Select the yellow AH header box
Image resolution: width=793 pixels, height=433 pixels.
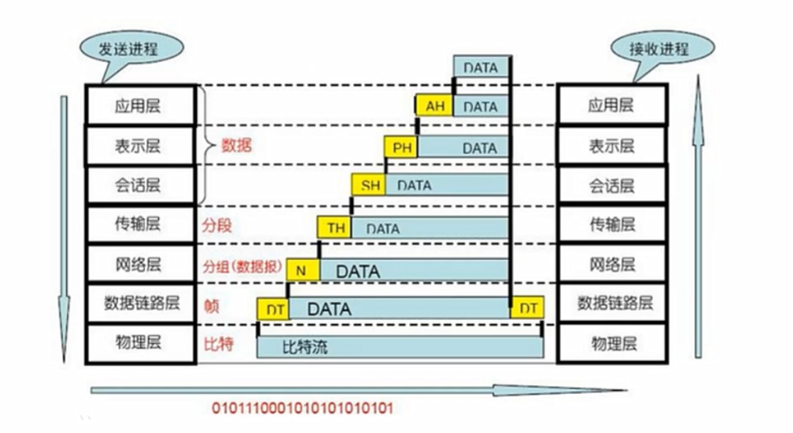pos(435,106)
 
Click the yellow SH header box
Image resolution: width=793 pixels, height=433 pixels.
pos(368,186)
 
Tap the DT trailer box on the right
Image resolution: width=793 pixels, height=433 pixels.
pos(527,308)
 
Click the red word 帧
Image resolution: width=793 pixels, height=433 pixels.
pos(210,306)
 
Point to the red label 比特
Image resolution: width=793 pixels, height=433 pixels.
pos(218,343)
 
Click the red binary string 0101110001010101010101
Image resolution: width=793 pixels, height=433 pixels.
pos(302,408)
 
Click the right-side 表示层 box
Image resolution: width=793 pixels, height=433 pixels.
pos(611,146)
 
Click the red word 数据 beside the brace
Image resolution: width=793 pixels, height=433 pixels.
pos(236,145)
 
